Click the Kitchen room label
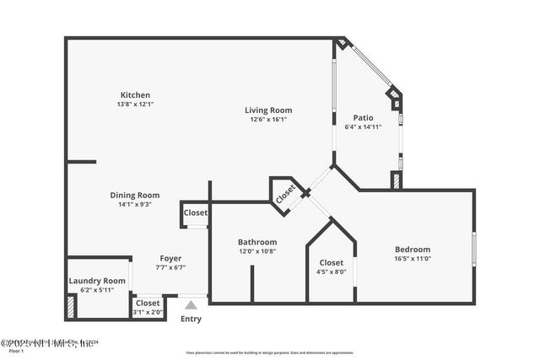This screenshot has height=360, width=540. pos(135,94)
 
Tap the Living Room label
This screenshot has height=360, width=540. pos(268,110)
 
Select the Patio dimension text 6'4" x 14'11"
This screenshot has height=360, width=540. pos(363,127)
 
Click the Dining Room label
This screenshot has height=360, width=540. pos(135,195)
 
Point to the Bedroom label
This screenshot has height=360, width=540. pos(413,250)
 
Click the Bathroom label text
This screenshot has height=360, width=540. pos(257,242)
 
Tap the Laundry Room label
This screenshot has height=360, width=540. pos(97,281)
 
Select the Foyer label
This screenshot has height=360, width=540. pos(170,258)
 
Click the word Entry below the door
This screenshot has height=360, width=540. pos(192,319)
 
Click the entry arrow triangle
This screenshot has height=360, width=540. pos(192,305)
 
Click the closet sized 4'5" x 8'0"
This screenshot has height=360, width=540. pos(331,263)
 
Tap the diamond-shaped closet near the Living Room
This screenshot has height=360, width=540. pos(285,192)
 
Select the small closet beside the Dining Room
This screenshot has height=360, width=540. pos(195,214)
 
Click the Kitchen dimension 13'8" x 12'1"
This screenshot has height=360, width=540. pos(135,104)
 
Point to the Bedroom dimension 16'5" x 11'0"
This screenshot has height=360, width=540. pos(413,260)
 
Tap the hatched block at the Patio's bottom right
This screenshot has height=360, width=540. pos(396,180)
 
